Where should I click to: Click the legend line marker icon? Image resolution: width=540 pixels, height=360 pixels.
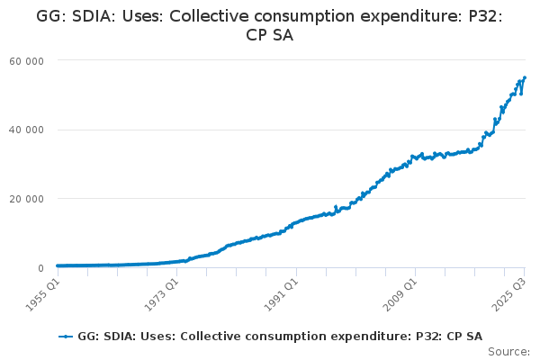pyautogui.click(x=66, y=336)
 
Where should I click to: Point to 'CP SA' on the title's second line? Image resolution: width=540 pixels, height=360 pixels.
pyautogui.click(x=270, y=35)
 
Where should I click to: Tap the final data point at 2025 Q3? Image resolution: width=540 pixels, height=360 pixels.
pyautogui.click(x=525, y=77)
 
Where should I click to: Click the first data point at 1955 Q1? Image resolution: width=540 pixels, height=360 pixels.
pyautogui.click(x=58, y=265)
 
